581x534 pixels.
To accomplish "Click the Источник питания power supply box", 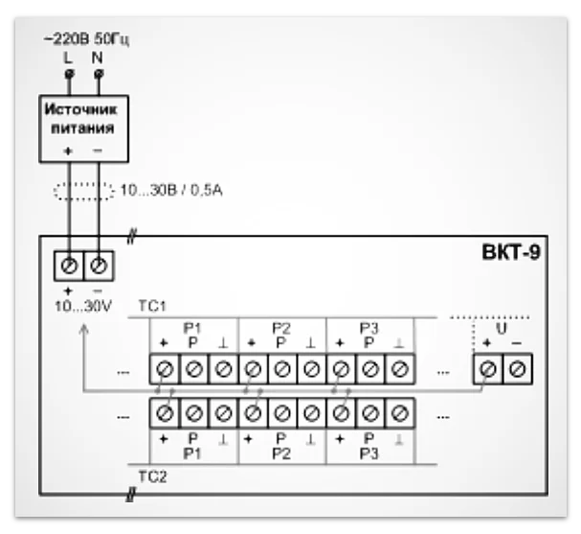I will click(x=81, y=128).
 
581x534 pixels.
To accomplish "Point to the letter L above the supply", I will click(x=67, y=58).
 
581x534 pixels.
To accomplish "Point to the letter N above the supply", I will click(x=99, y=58).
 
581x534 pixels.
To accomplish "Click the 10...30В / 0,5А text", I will click(x=171, y=192).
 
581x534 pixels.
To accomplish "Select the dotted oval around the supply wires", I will click(x=83, y=191).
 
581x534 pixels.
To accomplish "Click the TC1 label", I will click(x=153, y=306).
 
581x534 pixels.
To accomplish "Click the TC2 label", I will click(x=153, y=475).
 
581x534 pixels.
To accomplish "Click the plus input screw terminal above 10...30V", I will click(x=69, y=264).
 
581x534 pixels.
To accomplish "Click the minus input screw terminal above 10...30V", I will click(x=99, y=264).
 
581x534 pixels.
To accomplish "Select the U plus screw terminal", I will click(x=489, y=368).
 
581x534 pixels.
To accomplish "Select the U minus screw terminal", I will click(x=518, y=368).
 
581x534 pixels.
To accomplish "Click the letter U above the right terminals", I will click(x=503, y=328).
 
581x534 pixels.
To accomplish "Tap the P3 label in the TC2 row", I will click(x=369, y=453).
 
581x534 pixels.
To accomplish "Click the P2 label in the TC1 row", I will click(x=280, y=328).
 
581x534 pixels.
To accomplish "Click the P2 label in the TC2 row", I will click(x=280, y=453).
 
